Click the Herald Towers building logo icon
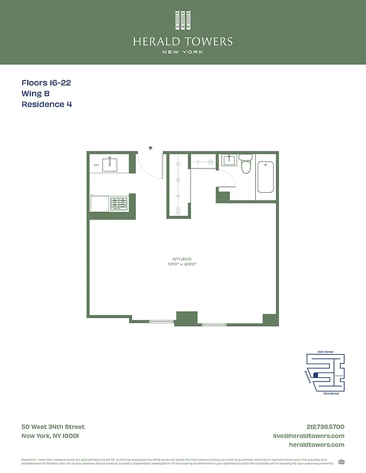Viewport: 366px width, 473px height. point(183,20)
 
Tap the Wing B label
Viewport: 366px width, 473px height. point(36,94)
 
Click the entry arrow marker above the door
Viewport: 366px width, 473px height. point(150,148)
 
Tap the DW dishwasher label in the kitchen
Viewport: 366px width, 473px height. point(95,165)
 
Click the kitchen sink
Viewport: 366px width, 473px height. point(111,164)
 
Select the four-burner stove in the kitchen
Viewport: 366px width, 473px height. point(118,204)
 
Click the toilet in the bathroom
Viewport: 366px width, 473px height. point(246,165)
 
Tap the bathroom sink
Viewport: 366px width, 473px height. point(229,160)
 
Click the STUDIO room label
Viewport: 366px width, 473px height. point(182,260)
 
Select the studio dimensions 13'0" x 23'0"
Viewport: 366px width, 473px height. point(182,265)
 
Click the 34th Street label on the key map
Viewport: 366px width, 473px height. point(325,352)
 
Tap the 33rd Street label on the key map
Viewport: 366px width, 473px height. point(330,393)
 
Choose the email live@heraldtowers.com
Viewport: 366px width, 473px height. point(308,436)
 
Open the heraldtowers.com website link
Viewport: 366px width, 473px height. point(316,445)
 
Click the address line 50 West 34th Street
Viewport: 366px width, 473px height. point(53,427)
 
